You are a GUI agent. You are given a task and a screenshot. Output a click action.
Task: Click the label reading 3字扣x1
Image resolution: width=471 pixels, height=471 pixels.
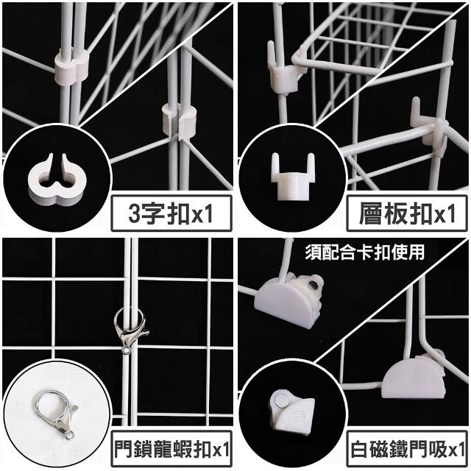(171, 213)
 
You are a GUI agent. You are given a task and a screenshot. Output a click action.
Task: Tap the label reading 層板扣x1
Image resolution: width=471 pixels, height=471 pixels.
(407, 213)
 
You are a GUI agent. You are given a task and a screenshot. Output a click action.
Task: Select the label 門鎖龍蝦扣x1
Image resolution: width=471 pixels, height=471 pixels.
(171, 449)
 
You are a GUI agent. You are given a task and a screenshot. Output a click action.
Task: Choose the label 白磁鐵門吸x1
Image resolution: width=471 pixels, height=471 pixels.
(407, 449)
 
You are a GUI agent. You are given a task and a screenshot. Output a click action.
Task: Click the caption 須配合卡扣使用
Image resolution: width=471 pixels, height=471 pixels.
(365, 252)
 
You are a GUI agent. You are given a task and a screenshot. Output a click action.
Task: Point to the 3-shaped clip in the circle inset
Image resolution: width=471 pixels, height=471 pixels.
(57, 178)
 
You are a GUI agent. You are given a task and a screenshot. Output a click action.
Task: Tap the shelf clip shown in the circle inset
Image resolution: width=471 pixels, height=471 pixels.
(293, 177)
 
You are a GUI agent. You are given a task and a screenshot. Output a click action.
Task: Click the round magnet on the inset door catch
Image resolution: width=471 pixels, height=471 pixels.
(281, 400)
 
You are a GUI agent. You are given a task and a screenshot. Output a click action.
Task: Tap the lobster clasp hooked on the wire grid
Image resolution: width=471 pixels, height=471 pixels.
(130, 330)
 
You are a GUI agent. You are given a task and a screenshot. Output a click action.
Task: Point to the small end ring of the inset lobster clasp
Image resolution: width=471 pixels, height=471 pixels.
(69, 435)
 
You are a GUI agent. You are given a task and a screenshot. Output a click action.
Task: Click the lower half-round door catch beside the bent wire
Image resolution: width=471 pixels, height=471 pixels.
(414, 376)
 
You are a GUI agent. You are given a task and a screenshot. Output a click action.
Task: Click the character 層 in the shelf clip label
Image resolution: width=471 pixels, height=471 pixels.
(371, 213)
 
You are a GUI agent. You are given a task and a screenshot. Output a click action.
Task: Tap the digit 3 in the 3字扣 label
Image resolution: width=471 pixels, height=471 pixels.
(135, 214)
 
